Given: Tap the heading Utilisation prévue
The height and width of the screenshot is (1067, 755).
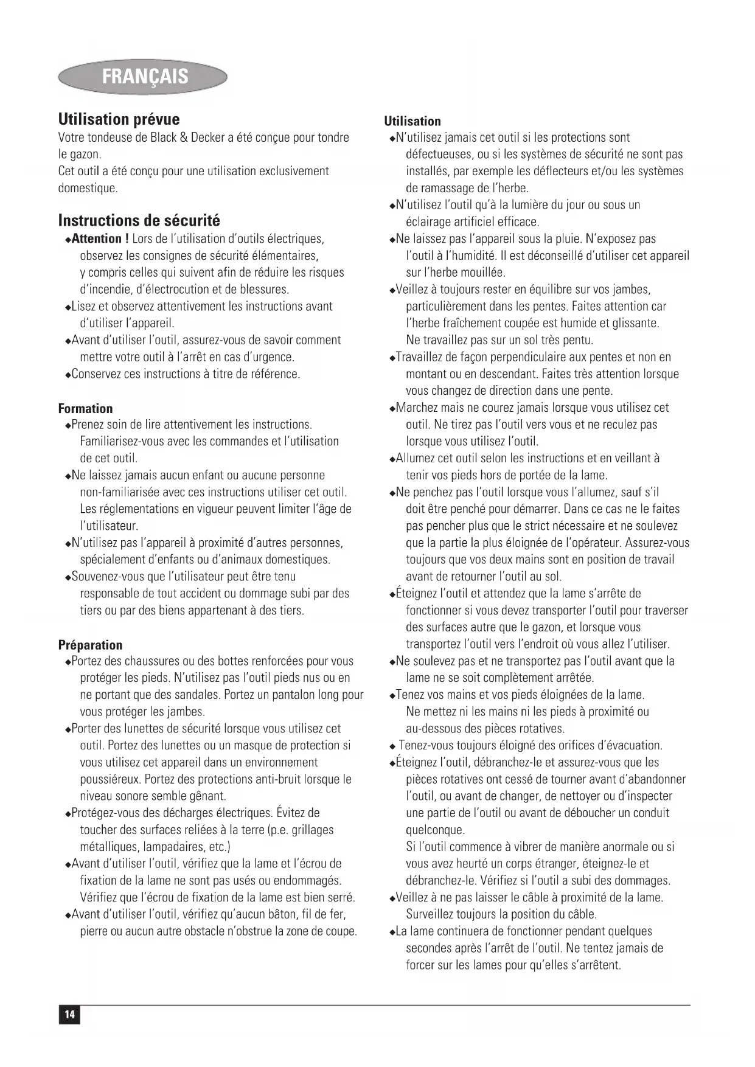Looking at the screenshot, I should [x=119, y=119].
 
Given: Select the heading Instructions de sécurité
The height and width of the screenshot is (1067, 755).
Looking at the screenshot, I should [x=139, y=220].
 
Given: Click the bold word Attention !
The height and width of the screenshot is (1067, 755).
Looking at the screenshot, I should [x=100, y=238].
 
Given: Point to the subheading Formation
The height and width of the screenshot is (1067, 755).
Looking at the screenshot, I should [x=85, y=409].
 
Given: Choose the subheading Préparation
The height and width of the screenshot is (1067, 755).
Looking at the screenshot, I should [x=90, y=645].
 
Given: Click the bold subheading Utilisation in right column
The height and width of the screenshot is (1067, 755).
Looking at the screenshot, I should [x=412, y=121].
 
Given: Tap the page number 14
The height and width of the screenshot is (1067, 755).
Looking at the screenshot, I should [x=69, y=1015].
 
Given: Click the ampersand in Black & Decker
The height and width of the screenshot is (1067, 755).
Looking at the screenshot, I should [x=183, y=137].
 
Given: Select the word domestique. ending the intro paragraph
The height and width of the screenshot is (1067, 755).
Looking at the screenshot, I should [x=88, y=188].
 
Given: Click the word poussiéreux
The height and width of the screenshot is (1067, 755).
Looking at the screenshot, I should [x=110, y=779].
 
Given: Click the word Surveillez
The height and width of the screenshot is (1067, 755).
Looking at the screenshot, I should [x=433, y=914].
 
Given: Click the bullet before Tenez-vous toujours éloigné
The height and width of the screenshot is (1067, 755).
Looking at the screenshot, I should [x=392, y=746].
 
